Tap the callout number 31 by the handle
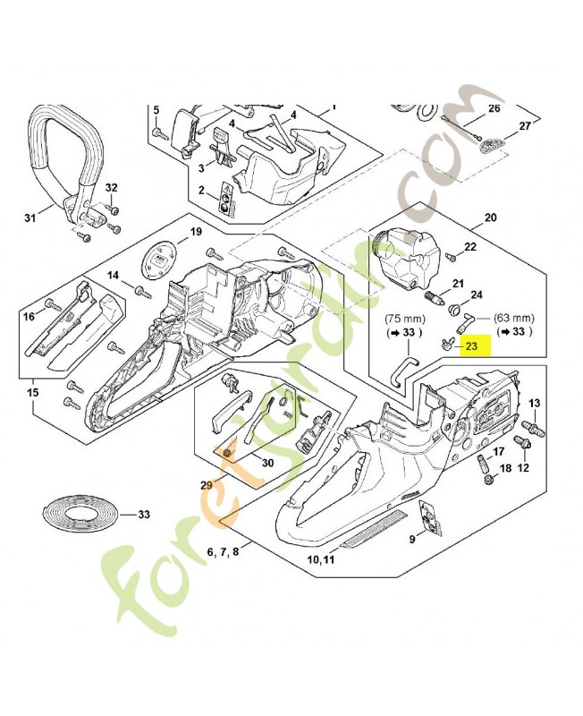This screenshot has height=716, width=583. [30, 217]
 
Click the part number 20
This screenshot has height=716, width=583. [489, 217]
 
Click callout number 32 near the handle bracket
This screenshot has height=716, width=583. [111, 187]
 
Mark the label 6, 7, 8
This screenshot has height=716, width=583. [223, 552]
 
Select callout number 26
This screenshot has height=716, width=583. [493, 109]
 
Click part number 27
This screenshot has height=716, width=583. [525, 126]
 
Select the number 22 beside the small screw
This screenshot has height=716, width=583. [470, 247]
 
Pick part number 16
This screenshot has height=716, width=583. [29, 316]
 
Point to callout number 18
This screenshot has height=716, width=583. [505, 468]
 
